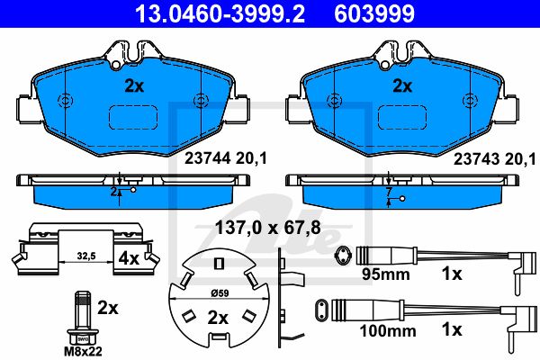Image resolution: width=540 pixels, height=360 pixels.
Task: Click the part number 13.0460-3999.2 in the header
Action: (220, 13)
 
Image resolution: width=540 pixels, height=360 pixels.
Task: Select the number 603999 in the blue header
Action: (374, 13)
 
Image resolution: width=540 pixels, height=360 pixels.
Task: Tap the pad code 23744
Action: (208, 158)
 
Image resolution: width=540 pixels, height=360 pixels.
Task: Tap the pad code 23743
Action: (476, 159)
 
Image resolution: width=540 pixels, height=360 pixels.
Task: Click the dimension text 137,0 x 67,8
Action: (268, 228)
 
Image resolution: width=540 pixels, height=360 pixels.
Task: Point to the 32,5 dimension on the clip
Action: (86, 256)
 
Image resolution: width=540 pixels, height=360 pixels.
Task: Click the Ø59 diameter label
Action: (220, 293)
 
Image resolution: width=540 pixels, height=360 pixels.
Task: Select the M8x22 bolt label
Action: (83, 352)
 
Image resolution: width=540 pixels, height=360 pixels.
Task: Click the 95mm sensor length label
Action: (386, 274)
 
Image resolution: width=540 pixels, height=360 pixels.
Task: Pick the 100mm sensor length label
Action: (388, 331)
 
